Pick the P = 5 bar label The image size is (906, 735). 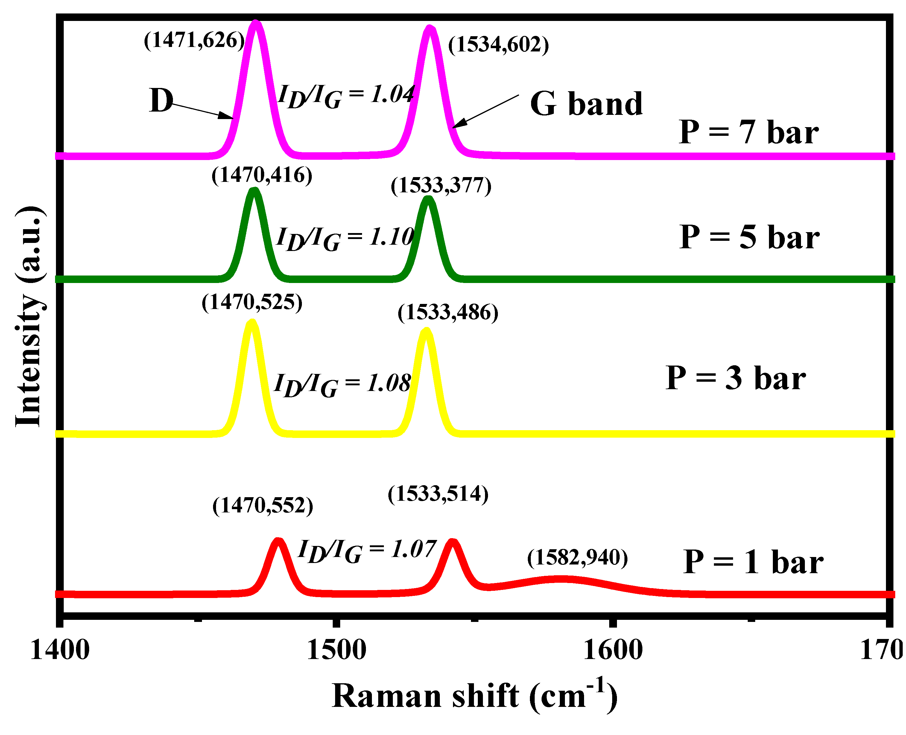(749, 237)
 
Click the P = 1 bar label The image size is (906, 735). (753, 562)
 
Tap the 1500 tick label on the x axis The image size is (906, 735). (336, 650)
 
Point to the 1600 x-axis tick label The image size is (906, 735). (612, 650)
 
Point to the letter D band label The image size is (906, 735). (161, 101)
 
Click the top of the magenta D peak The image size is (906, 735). (255, 22)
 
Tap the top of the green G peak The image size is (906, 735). (428, 198)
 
